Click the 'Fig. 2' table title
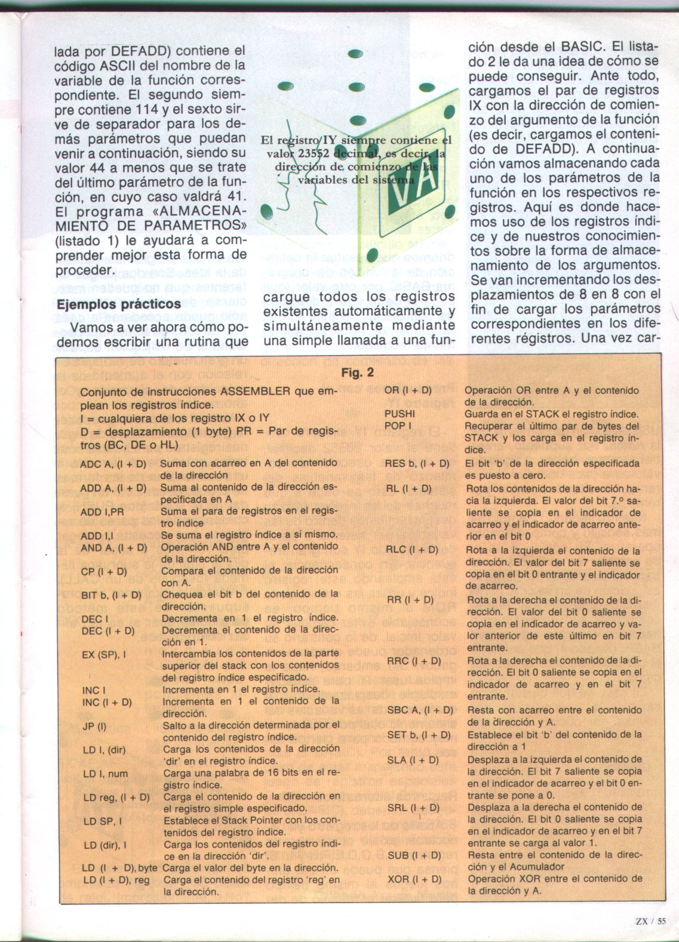pos(357,373)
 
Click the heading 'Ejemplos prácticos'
pos(118,304)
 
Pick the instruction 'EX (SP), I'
pos(104,654)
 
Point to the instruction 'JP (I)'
pos(94,726)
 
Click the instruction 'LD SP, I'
pos(103,821)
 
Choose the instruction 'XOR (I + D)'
pos(414,879)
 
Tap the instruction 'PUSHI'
pos(400,413)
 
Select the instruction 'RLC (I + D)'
pos(412,550)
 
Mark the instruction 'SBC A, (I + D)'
pos(420,710)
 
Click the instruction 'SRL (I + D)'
pos(413,808)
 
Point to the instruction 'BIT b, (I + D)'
pos(111,595)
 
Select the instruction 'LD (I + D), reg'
pos(116,881)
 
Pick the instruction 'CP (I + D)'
pos(104,571)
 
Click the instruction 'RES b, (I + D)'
pos(417,464)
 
